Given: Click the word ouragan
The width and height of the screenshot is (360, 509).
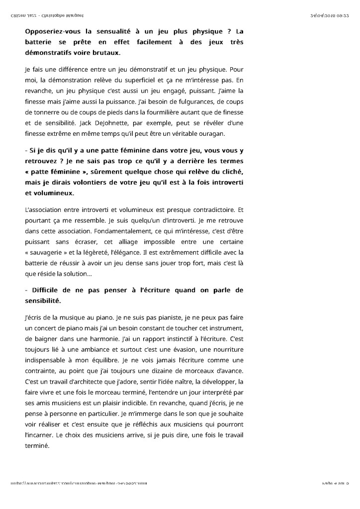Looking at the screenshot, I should tap(212, 133).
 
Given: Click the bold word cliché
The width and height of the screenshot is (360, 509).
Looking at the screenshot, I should tap(230, 172).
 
